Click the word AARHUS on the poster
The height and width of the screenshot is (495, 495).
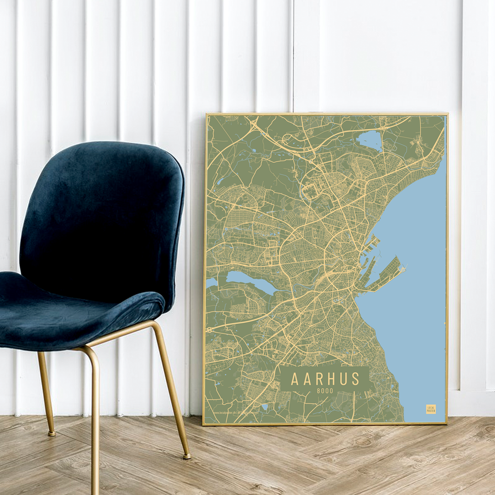(325, 379)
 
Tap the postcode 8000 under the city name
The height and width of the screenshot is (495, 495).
(325, 391)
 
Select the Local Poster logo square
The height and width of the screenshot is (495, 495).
(431, 409)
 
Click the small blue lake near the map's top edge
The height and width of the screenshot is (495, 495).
(369, 140)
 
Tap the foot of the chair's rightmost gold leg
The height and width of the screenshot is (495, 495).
(187, 456)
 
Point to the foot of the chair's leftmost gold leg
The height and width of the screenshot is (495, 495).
(51, 434)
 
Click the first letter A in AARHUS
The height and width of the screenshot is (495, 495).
(295, 379)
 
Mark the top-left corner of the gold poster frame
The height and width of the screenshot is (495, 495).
(206, 115)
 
